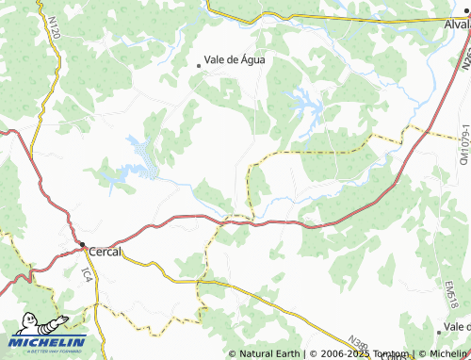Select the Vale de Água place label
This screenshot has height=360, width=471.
(x=235, y=59)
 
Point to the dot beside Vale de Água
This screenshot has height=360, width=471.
(x=199, y=65)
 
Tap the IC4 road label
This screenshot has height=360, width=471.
(x=87, y=274)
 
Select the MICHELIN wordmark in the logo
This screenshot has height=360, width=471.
(x=49, y=341)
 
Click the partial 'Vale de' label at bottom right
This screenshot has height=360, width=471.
(x=453, y=326)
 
